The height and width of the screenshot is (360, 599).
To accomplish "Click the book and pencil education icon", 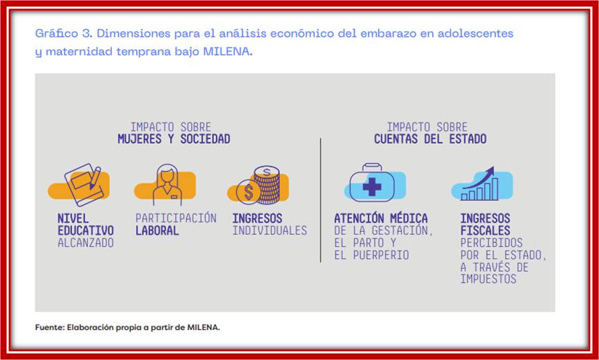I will click(84, 183).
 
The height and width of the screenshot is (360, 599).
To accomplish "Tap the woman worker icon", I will click(167, 184).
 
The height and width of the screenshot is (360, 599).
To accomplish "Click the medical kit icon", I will click(372, 183).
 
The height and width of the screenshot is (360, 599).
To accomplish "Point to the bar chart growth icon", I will click(484, 184).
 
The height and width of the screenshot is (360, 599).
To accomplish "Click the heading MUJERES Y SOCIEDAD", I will click(174, 139).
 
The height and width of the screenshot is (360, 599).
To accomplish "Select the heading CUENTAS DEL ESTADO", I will click(430, 139).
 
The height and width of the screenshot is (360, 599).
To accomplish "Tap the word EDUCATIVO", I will click(85, 231).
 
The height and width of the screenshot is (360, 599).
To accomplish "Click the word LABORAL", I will click(157, 231).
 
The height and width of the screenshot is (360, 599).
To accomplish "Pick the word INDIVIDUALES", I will click(270, 231).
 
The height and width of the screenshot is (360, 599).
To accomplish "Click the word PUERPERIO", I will click(372, 255).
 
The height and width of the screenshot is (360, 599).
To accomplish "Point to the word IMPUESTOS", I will click(488, 279).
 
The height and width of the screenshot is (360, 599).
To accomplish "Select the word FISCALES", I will click(485, 231).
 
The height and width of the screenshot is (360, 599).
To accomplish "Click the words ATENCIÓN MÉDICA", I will click(381, 218).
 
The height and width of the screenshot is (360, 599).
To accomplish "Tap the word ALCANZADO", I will click(85, 243).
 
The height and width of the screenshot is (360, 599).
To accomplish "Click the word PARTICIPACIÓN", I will click(176, 218).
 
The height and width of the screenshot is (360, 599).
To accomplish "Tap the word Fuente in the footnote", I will click(49, 327).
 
